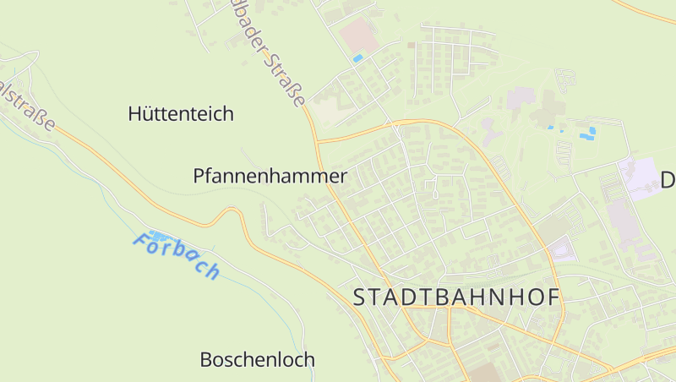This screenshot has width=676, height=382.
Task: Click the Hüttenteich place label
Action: pos(181,113)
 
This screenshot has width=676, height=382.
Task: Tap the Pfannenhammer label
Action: pos(270,177)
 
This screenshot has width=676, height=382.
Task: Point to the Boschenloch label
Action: pos(257,359)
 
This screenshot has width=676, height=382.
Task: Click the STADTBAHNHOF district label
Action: pos(456,297)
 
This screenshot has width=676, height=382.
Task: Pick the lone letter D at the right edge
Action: pos(667,180)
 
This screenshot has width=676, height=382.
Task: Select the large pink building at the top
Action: pos(359,36)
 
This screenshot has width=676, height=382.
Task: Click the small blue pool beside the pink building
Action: pos(357,58)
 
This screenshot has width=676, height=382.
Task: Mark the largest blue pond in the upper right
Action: pos(586,134)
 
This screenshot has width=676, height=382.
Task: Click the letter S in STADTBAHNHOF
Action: pos(360,297)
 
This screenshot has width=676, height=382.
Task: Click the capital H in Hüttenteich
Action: pos(135,113)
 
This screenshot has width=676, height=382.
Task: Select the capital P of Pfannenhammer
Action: pos(199,177)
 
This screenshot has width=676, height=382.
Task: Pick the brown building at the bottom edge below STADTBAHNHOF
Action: pos(485,374)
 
